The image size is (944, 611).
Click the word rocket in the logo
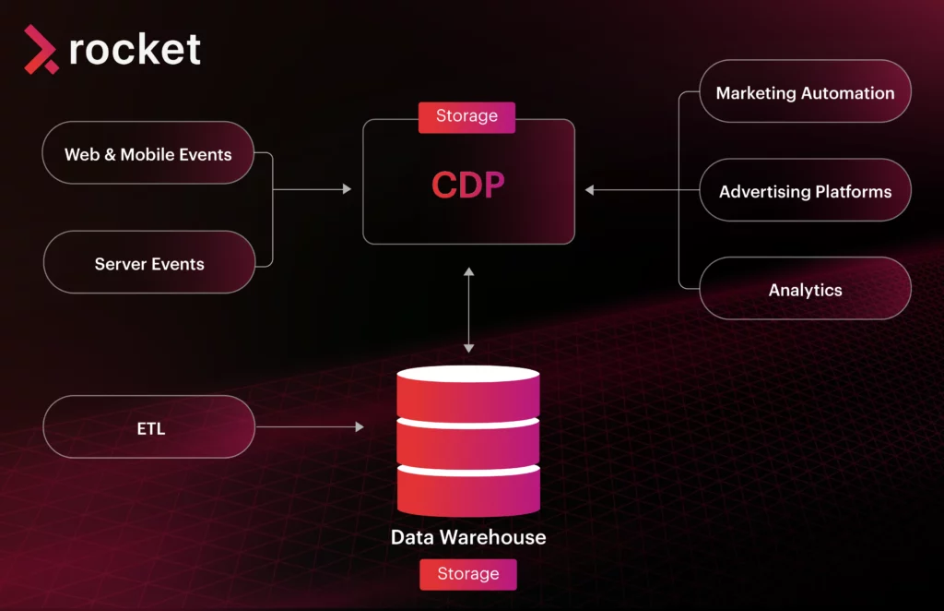[135, 49]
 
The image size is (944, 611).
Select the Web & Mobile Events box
[148, 153]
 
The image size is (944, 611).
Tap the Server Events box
[148, 263]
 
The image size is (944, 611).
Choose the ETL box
[148, 427]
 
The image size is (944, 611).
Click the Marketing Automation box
[805, 92]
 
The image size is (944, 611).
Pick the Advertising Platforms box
[805, 191]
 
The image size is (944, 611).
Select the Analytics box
[805, 289]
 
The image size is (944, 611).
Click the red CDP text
[467, 185]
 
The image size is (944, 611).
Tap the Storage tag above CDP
[466, 116]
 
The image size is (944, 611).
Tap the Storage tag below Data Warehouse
[467, 574]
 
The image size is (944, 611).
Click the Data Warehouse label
[467, 537]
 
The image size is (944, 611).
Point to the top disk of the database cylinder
[467, 392]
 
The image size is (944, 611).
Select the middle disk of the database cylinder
[467, 443]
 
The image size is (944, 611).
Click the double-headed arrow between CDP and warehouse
[468, 309]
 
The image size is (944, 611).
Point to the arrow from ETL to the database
[309, 427]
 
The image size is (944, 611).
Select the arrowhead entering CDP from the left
[347, 189]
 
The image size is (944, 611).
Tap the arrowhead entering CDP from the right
[590, 190]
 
